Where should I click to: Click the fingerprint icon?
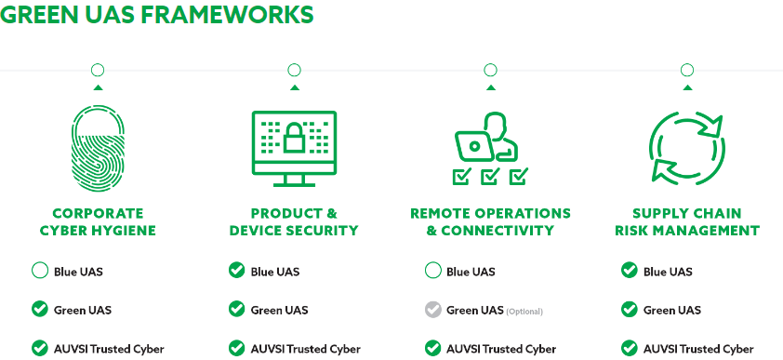pos(98,151)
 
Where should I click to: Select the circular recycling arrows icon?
pos(687,148)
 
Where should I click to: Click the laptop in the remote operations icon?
pos(473,145)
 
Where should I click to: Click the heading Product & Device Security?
pos(294,221)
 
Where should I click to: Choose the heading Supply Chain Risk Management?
pos(687,221)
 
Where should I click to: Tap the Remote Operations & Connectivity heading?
pos(490,221)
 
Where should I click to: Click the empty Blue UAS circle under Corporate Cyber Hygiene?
pos(39,271)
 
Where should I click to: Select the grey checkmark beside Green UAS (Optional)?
pos(433,310)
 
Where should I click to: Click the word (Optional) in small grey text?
pos(524,312)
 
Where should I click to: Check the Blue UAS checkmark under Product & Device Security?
pos(237,271)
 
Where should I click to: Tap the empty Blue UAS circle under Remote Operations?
pos(433,271)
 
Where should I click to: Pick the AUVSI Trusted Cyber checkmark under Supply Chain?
pos(630,348)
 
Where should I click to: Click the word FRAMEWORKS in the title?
pos(226,15)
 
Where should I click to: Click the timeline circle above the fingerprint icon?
pos(98,71)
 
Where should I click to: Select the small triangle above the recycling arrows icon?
pos(687,87)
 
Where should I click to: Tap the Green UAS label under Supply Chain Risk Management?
pos(672,310)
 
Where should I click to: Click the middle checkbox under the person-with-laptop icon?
pos(490,176)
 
